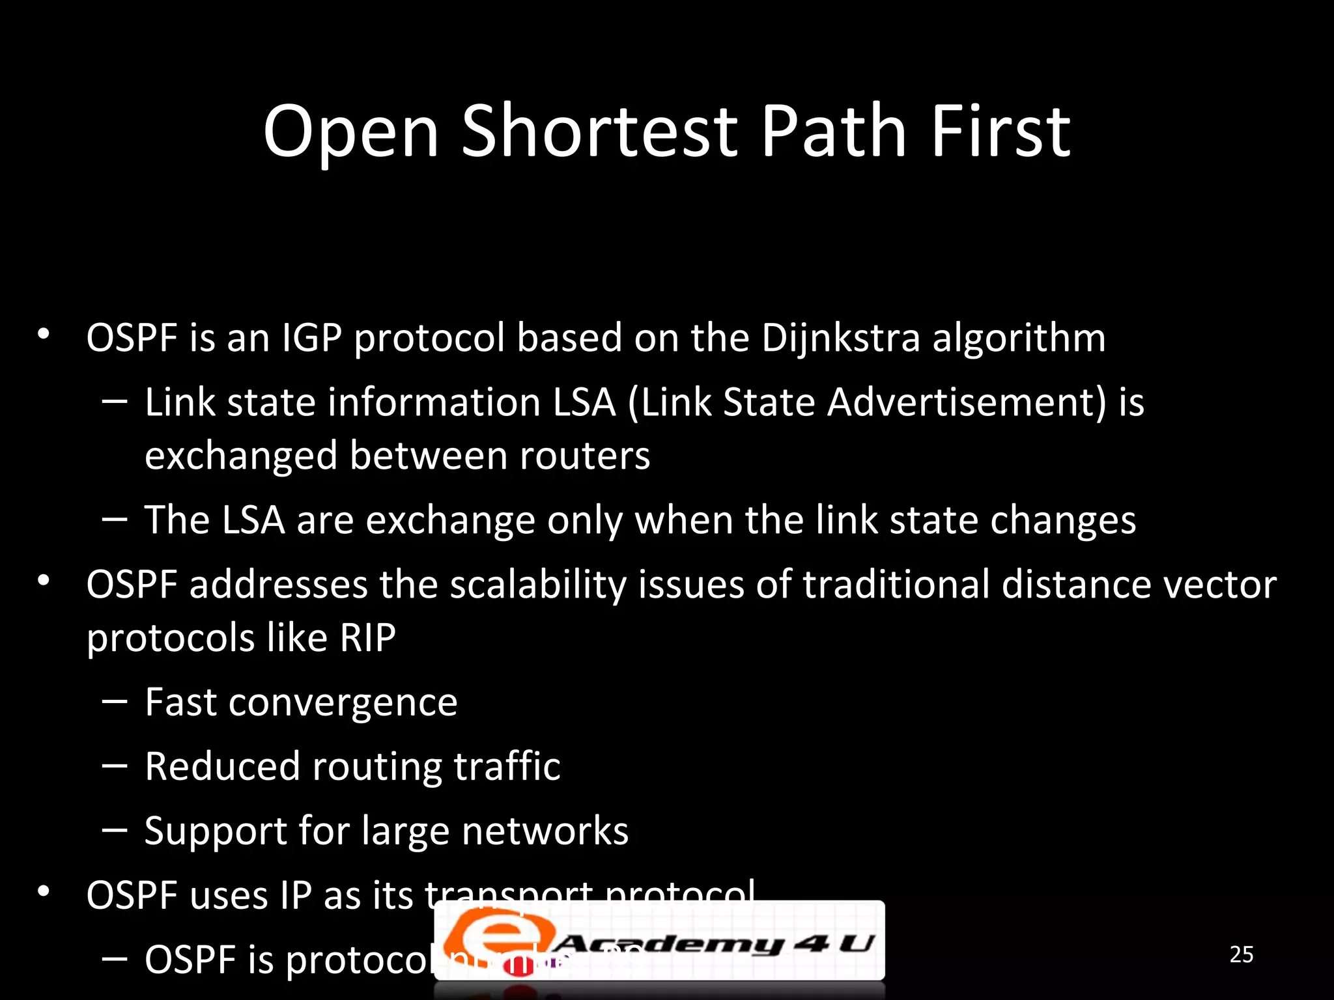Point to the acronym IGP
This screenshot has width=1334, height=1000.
pos(311,339)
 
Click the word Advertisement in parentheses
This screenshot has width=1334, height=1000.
pos(967,402)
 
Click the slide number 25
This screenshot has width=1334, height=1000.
pos(1241,954)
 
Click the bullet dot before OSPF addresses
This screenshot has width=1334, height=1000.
pos(44,580)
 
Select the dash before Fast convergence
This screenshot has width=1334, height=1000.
pos(115,702)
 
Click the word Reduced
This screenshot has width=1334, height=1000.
pos(222,766)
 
